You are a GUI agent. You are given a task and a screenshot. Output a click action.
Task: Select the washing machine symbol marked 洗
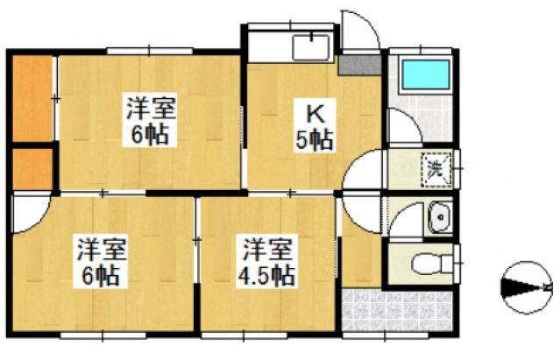[435, 167]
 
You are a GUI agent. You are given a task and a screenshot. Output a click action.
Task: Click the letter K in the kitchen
[314, 114]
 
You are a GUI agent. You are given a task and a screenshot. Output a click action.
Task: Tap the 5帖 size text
[314, 138]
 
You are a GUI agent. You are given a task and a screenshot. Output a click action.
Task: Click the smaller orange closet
[32, 168]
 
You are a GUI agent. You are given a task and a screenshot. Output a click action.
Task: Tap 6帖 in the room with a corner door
[99, 274]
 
